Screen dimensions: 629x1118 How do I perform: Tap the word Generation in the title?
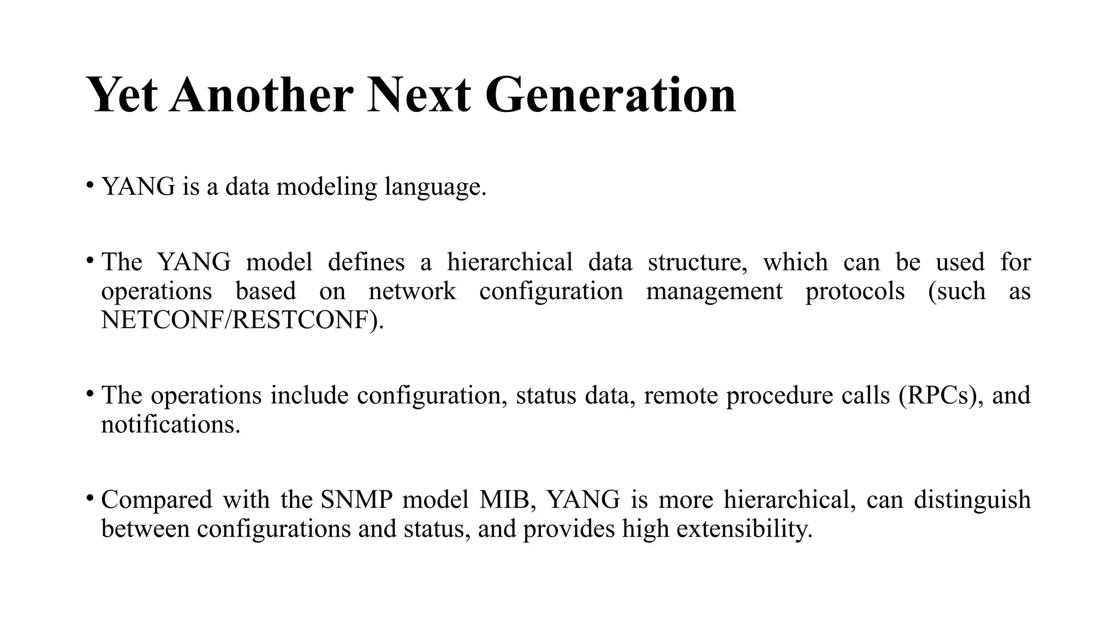610,95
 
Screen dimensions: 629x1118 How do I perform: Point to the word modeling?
326,187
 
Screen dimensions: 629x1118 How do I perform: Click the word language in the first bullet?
435,188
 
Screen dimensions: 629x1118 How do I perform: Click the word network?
412,290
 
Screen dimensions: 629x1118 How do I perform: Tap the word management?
714,292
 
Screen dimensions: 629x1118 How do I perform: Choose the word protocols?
855,292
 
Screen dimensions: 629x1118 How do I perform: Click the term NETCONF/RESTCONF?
242,320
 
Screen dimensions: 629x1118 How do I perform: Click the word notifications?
170,424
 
